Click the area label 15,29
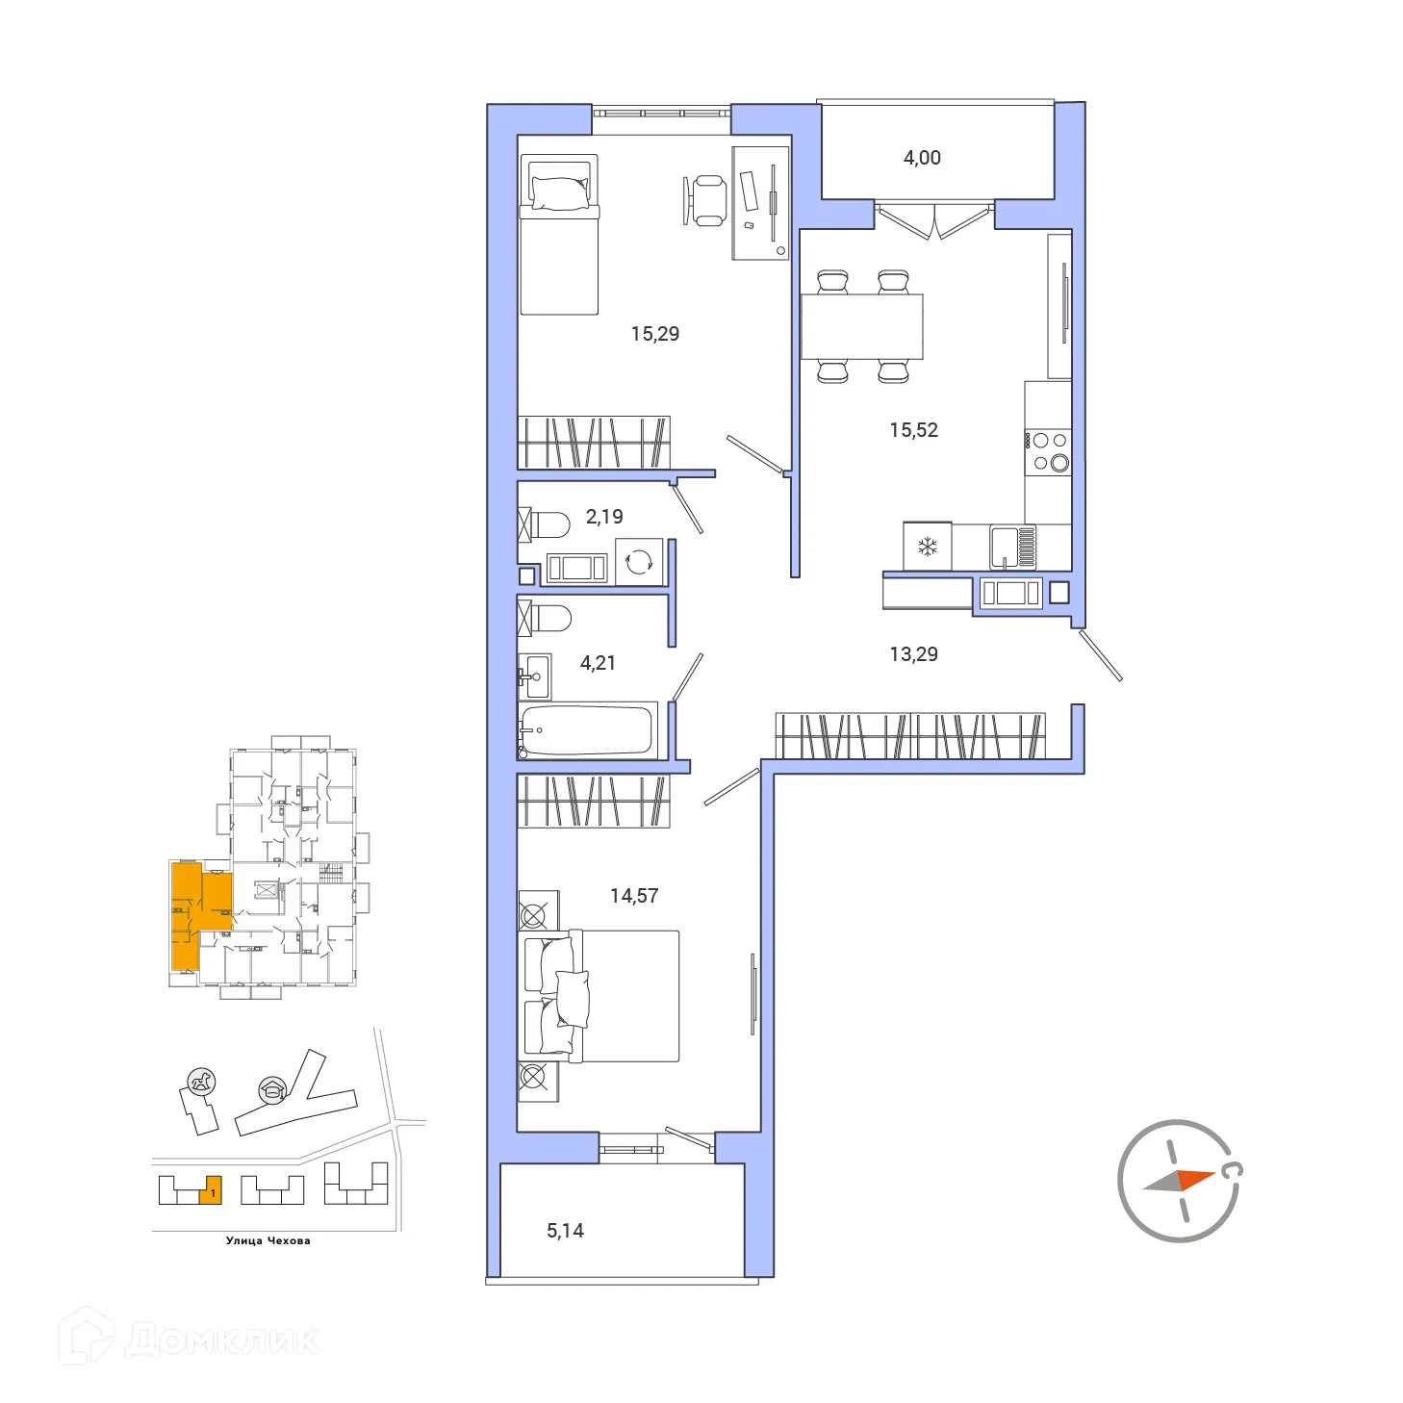click(x=654, y=334)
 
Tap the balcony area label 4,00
click(x=922, y=158)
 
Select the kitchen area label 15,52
click(x=913, y=430)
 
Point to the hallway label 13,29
click(x=913, y=654)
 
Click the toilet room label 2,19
click(x=604, y=517)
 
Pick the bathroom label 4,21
click(x=598, y=663)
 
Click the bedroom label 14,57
click(x=634, y=896)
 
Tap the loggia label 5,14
click(x=565, y=1231)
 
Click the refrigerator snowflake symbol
click(x=927, y=548)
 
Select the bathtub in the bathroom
click(x=587, y=729)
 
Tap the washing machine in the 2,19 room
click(x=639, y=561)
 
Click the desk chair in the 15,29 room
click(x=708, y=200)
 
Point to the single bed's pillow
click(x=560, y=193)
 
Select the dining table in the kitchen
click(x=861, y=326)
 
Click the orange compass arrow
click(x=1195, y=1179)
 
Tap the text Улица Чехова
click(x=268, y=1241)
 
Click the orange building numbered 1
click(x=211, y=1191)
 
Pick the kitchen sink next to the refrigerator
click(x=1005, y=546)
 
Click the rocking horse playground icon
click(x=201, y=1082)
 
